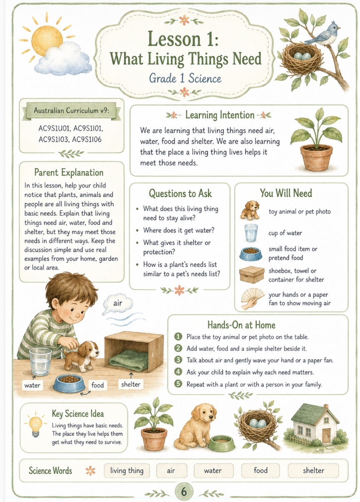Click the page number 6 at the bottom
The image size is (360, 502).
[x=184, y=492]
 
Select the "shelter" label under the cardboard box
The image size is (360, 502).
[x=130, y=384]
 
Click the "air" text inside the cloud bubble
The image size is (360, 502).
[x=117, y=303]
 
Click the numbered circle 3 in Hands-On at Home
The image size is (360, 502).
[x=178, y=360]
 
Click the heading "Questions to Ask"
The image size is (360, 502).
[x=180, y=193]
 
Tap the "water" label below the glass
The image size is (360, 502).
[x=32, y=385]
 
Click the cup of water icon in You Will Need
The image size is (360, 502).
[x=251, y=233]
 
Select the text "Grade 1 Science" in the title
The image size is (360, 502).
[x=185, y=78]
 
